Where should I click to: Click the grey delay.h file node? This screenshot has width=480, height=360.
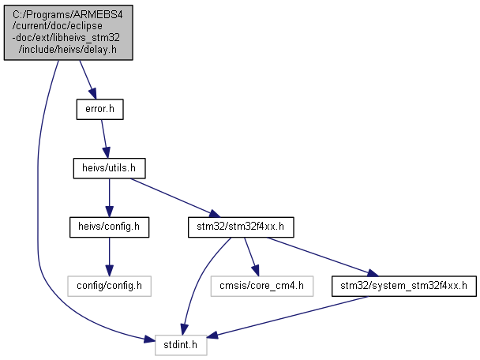click(68, 32)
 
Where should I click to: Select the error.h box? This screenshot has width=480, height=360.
click(99, 109)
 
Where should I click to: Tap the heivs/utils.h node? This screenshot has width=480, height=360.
click(109, 168)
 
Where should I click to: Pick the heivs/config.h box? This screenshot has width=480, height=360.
click(109, 227)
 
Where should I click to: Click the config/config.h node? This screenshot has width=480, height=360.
click(109, 287)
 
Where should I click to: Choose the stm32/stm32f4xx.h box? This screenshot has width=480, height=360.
click(241, 227)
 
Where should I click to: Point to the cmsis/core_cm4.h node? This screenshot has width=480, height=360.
click(262, 287)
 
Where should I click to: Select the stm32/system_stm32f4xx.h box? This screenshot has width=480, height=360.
click(404, 287)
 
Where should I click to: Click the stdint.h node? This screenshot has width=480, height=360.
click(181, 345)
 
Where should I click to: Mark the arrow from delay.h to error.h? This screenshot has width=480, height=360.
click(88, 79)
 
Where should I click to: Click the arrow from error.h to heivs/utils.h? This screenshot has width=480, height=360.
click(105, 139)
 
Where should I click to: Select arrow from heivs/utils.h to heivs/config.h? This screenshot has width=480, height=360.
click(109, 197)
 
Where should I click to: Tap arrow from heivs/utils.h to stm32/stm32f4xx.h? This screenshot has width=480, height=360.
click(175, 197)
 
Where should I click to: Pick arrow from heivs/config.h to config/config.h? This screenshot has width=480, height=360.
click(109, 257)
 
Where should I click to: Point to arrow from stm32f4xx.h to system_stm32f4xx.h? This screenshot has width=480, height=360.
click(323, 257)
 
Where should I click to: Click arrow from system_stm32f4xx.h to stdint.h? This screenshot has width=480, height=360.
click(287, 317)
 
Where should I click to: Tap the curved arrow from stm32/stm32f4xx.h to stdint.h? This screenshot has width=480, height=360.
click(199, 279)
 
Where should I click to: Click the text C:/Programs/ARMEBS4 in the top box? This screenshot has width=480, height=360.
click(68, 14)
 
